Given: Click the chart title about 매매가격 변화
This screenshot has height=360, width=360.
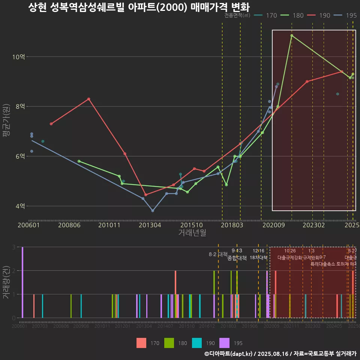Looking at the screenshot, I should tap(139, 7).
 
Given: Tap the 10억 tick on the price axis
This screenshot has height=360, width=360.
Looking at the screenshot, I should tap(19, 57).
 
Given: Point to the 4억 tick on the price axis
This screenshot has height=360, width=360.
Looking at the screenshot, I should tap(20, 206).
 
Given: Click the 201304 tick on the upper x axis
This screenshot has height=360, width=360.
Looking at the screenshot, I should tap(150, 225).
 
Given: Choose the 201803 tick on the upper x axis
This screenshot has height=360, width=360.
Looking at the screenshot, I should tap(231, 225).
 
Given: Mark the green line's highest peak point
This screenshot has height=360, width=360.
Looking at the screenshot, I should tap(292, 36).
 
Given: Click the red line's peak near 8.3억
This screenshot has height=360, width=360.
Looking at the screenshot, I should tap(88, 99).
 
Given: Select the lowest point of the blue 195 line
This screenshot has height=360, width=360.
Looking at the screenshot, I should tap(153, 211).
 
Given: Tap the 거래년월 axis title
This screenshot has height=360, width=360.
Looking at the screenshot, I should tap(192, 233).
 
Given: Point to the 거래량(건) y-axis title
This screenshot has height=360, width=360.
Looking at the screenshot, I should tap(6, 282).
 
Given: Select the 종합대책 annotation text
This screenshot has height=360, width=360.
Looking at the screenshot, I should tap(237, 258).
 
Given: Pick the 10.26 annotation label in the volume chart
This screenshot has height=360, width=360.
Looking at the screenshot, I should tap(290, 251).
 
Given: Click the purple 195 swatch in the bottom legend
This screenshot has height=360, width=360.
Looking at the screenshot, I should tap(224, 343).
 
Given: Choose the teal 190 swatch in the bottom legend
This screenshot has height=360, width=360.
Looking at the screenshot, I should tap(197, 343).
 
